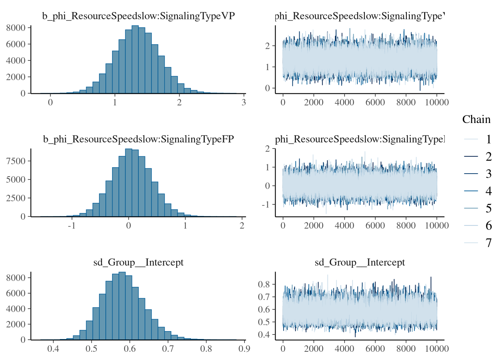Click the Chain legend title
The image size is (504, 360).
[x=476, y=119]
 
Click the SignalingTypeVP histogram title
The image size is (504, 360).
[x=138, y=16]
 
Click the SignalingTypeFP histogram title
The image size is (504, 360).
[x=138, y=139]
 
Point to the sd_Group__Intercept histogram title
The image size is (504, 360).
[x=138, y=262]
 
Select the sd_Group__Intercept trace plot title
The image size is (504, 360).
[x=360, y=262]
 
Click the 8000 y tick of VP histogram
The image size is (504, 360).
[x=16, y=28]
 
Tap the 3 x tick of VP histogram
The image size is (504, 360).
[x=244, y=102]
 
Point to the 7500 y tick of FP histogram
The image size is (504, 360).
[x=16, y=161]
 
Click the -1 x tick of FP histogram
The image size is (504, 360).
[x=71, y=225]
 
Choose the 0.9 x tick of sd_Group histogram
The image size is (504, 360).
[x=244, y=349]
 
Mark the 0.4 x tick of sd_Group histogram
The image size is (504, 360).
[x=53, y=349]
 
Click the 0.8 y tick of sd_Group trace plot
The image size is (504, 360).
[x=264, y=284]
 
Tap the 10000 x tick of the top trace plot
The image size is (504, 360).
[x=437, y=102]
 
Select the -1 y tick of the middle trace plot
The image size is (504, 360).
[x=266, y=204]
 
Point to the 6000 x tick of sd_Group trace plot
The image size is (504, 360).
[x=375, y=349]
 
